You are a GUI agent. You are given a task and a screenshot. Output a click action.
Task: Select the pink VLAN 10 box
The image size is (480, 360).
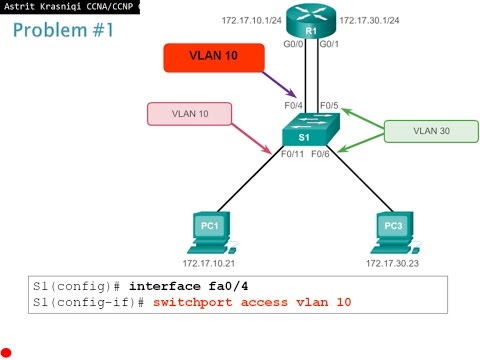click(190, 114)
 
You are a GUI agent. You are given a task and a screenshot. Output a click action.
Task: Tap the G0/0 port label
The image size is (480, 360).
click(291, 44)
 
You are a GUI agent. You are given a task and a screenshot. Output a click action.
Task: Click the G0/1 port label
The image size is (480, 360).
click(329, 44)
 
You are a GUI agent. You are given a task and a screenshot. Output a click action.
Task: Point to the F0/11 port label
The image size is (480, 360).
click(292, 155)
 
